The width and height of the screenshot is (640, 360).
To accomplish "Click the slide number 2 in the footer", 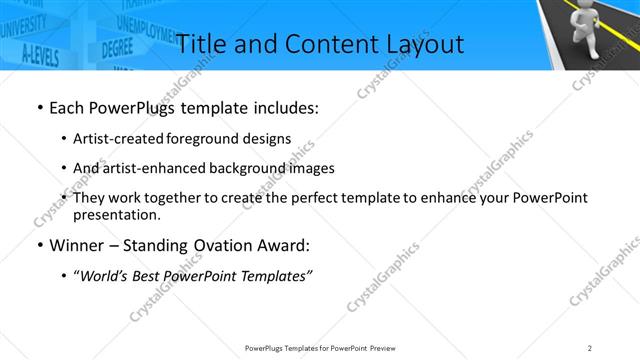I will (x=590, y=348).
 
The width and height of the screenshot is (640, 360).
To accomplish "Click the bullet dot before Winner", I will (x=38, y=246).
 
